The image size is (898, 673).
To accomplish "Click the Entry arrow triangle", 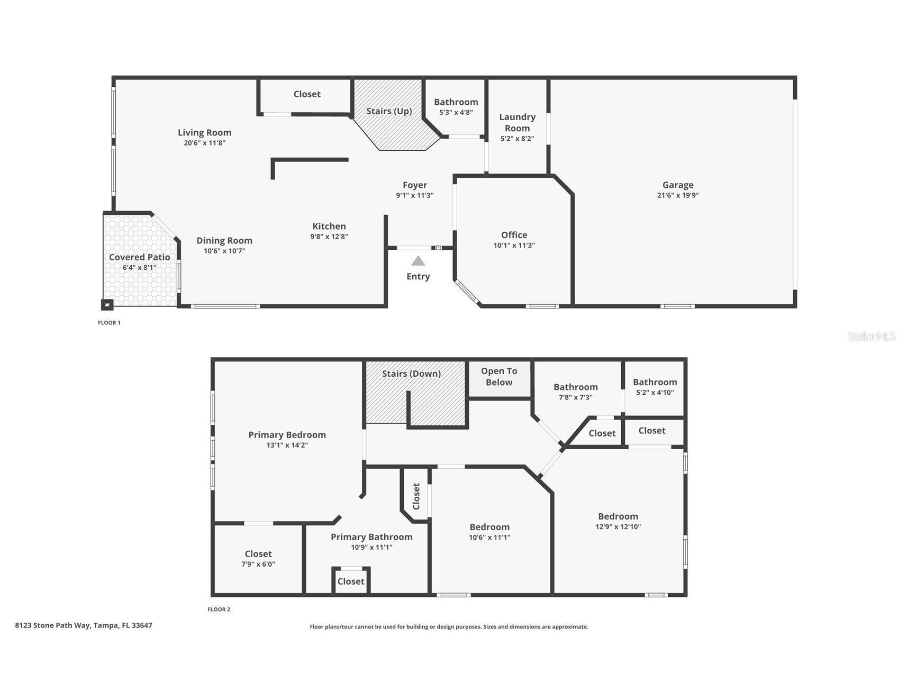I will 418,261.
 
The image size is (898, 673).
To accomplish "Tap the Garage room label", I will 678,185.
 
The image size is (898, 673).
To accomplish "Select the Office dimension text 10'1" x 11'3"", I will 514,245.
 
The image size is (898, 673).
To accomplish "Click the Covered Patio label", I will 140,257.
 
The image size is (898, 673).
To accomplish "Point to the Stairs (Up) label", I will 389,111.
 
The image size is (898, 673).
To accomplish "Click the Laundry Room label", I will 517,122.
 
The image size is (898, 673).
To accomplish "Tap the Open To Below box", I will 499,377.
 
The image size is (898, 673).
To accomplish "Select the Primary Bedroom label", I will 287,435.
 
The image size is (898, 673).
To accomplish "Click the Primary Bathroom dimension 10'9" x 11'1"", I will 371,548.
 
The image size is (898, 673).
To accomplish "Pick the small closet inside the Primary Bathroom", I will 351,581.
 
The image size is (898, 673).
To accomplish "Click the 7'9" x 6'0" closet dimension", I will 258,565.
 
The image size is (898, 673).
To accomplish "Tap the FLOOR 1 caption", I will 109,323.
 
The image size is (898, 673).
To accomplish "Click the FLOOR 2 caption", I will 219,610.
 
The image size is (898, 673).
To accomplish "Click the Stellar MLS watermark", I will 871,336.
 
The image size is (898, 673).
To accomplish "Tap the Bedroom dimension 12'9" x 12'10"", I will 618,527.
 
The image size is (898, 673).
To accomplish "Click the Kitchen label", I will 329,226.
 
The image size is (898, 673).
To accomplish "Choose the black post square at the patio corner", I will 107,305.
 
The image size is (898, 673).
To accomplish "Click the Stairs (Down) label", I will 411,374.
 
